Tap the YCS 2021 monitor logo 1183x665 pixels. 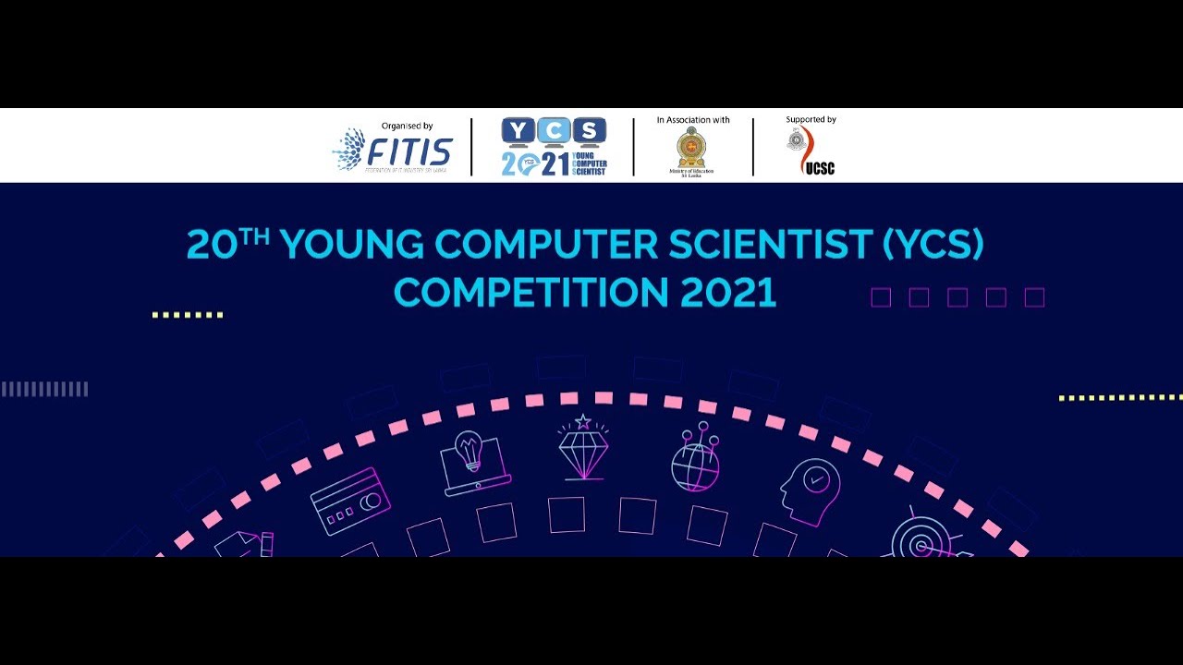[555, 147]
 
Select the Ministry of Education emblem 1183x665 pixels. [690, 148]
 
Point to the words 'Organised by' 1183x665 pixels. [407, 126]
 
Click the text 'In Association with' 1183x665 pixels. [693, 120]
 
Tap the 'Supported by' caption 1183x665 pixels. [811, 120]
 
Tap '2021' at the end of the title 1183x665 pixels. [728, 292]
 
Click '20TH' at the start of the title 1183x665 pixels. [227, 245]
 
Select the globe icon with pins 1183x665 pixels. [695, 457]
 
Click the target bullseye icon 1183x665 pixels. [921, 538]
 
